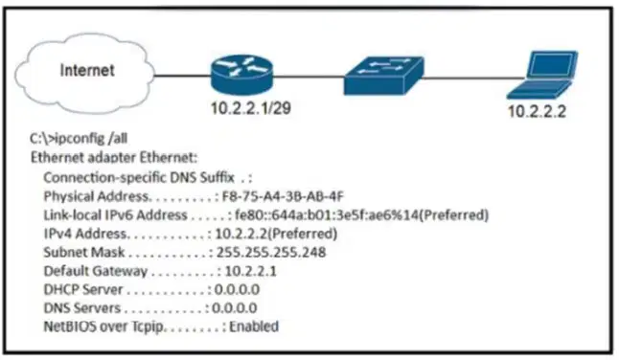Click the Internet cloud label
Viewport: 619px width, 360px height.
87,70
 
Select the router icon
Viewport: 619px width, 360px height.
241,75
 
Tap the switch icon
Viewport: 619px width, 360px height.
383,76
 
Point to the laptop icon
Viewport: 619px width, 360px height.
541,75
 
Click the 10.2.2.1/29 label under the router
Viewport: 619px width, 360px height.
251,108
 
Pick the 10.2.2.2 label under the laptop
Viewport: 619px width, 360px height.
537,111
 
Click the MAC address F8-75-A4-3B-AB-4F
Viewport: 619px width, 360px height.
283,196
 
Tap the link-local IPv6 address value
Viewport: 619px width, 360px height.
361,214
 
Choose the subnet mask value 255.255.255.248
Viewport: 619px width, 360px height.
271,253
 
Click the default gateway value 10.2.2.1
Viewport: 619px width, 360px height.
250,271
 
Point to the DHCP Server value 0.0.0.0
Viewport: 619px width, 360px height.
237,290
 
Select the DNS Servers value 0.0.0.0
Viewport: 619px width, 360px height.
235,308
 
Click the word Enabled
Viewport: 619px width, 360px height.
254,326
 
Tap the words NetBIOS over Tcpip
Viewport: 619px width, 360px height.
103,326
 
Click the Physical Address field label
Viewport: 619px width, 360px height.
96,196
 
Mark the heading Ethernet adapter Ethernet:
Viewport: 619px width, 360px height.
114,158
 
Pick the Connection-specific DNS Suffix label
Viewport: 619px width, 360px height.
139,177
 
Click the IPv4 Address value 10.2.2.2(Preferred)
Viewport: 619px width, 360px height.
276,234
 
